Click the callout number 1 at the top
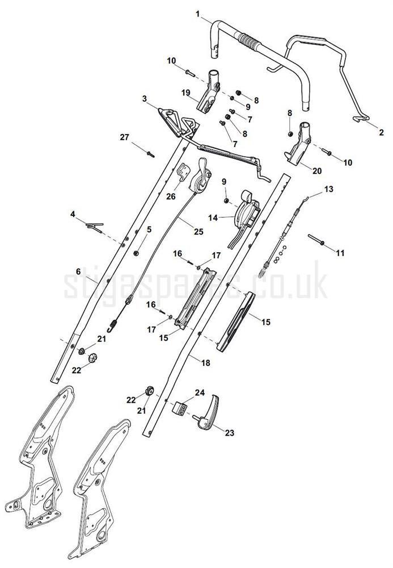point(197,14)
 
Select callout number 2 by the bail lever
point(382,132)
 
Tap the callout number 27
point(124,137)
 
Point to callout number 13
point(329,189)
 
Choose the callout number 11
point(340,253)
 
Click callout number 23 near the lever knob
point(230,432)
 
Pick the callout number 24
point(200,392)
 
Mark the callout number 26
point(171,197)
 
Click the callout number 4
point(73,215)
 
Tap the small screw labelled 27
point(150,154)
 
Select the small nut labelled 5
point(137,253)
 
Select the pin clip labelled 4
point(95,228)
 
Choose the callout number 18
point(205,362)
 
